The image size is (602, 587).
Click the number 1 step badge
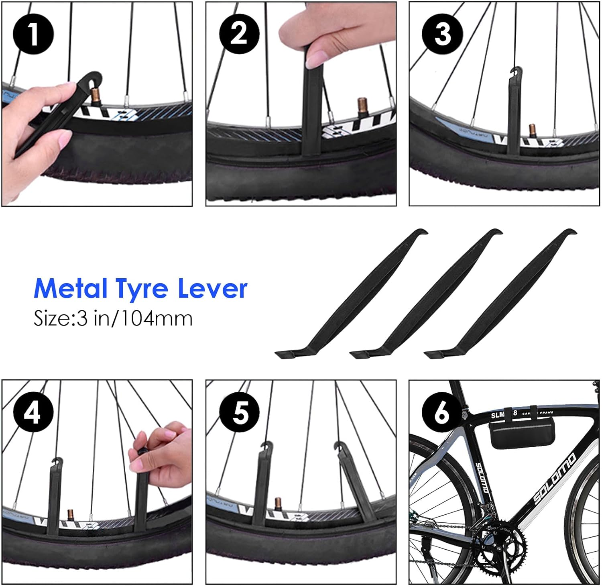coord(33,34)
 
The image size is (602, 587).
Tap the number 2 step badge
coord(239,34)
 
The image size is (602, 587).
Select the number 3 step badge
coord(442,34)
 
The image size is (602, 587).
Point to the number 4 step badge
coord(33,412)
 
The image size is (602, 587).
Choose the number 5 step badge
coord(240,412)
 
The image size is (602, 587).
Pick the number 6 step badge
coord(442,412)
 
